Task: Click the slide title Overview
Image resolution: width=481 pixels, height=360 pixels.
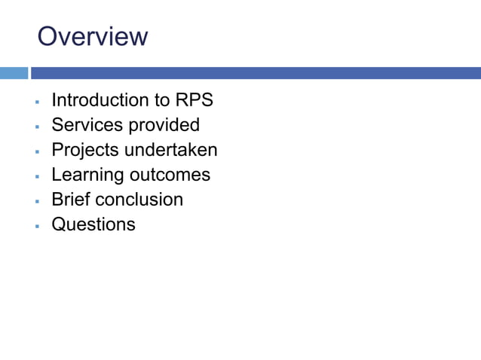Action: (93, 36)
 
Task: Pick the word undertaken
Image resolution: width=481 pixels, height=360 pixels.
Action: (171, 150)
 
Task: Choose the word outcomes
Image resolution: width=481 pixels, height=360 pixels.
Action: (170, 175)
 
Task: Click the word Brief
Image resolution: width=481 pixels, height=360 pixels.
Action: (69, 200)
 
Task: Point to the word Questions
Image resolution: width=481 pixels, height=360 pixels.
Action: (93, 224)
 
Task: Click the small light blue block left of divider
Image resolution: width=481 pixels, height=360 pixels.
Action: (14, 73)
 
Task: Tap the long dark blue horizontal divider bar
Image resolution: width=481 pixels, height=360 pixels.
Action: (256, 73)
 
